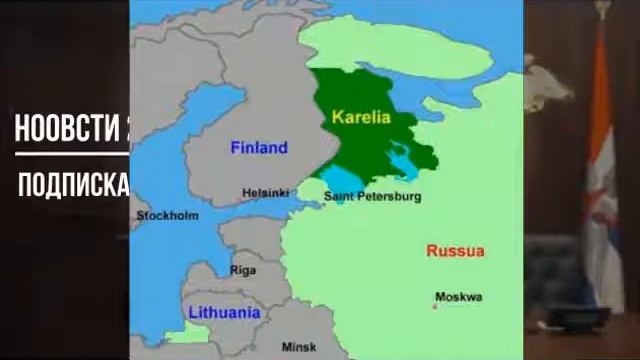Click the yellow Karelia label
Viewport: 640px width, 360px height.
click(x=359, y=117)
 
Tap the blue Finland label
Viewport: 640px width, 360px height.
click(x=258, y=148)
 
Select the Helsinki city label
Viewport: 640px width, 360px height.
click(x=264, y=193)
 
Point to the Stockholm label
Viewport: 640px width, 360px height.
click(x=167, y=215)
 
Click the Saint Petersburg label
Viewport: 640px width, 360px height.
click(x=372, y=197)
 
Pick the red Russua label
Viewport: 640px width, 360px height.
click(x=455, y=250)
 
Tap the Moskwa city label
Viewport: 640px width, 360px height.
click(x=458, y=297)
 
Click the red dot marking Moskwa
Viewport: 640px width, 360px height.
click(x=433, y=306)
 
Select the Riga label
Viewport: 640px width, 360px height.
click(x=243, y=270)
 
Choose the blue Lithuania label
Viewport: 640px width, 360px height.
click(x=224, y=312)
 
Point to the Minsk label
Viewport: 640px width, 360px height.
click(x=298, y=346)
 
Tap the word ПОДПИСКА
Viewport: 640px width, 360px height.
click(x=73, y=185)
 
